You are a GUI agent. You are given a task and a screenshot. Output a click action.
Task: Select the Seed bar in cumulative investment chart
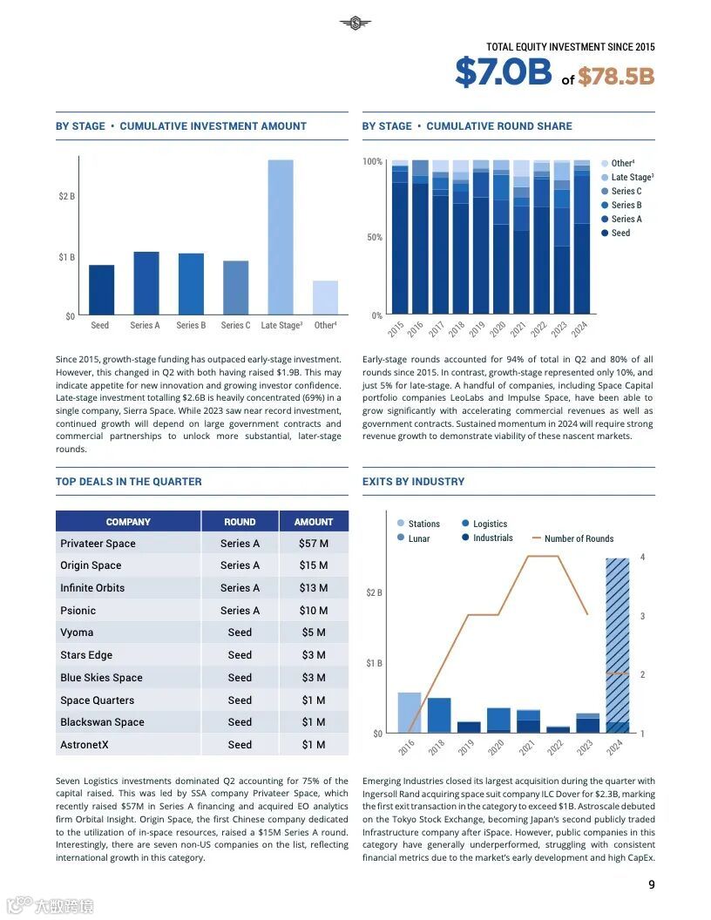point(101,290)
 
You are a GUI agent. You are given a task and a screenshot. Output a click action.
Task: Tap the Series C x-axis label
point(235,326)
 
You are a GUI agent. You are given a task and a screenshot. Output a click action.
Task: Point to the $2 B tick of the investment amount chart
point(66,196)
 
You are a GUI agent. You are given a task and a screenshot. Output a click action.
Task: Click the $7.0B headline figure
point(503,73)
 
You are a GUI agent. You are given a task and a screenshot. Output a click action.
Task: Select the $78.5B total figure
point(615,77)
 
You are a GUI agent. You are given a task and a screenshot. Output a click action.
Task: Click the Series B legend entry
point(626,206)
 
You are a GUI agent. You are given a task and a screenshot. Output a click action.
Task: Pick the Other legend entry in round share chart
point(622,164)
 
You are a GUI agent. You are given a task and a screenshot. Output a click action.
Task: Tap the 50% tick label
point(372,238)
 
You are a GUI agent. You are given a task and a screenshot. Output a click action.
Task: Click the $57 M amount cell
point(314,544)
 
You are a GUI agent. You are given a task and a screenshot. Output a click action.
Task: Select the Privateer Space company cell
point(98,544)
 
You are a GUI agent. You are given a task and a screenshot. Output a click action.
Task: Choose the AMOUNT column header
point(314,522)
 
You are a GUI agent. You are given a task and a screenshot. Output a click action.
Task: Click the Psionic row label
point(78,611)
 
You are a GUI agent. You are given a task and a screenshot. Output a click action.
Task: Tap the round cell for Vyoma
point(240,633)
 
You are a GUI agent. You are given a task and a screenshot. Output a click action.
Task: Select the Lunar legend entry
point(419,538)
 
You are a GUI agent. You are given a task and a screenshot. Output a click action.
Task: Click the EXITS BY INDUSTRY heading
point(413,482)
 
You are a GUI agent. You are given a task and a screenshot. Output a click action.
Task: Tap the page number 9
point(652,885)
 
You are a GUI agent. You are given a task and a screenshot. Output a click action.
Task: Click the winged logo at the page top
point(355,24)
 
